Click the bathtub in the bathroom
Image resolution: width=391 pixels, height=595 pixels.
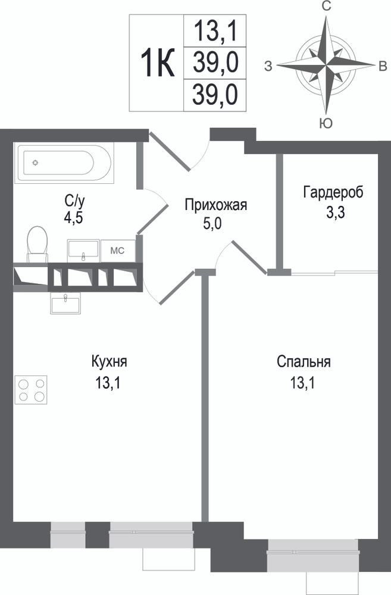click(x=64, y=163)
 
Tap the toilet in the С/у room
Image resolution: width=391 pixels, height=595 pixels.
click(x=37, y=244)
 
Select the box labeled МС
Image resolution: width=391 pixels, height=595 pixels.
click(x=117, y=251)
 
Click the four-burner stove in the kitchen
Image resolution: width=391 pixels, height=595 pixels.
click(x=31, y=390)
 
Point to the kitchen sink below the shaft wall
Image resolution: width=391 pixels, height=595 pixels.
click(x=65, y=303)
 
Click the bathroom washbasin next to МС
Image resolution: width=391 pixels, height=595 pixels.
click(x=83, y=251)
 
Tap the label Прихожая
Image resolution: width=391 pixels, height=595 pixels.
click(x=215, y=205)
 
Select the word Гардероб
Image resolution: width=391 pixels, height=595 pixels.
click(x=333, y=192)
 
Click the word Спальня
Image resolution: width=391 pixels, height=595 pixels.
click(x=304, y=361)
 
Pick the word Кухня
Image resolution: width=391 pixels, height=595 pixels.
click(x=109, y=361)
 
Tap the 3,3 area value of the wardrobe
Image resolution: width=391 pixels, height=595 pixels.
click(x=335, y=213)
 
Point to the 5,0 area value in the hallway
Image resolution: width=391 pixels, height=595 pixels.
click(x=212, y=224)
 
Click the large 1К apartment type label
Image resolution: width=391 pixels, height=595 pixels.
click(x=158, y=63)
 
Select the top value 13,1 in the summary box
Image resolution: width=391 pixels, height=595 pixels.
click(x=215, y=31)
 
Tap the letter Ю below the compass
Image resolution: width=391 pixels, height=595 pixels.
click(x=326, y=123)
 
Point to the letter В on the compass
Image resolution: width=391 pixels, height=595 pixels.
click(x=383, y=66)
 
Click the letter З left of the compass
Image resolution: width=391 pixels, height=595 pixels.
click(x=268, y=67)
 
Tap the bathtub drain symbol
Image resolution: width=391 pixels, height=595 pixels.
click(x=35, y=163)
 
